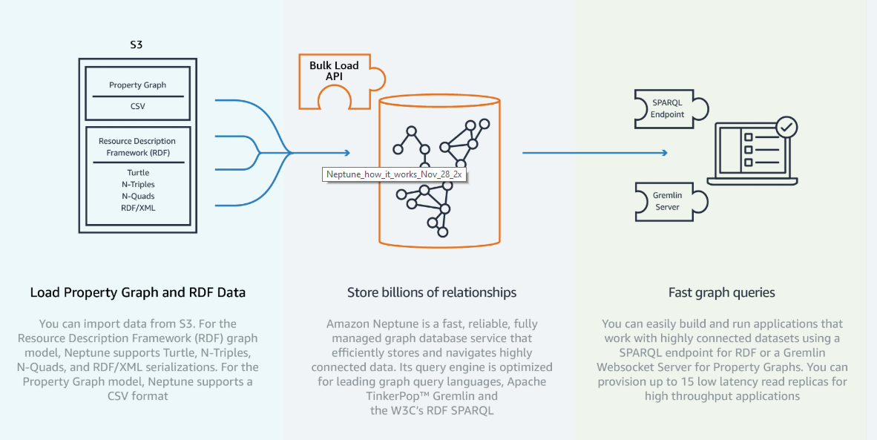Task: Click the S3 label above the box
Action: [137, 45]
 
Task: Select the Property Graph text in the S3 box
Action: [137, 85]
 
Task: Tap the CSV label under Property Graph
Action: [137, 106]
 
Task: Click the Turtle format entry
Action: [137, 173]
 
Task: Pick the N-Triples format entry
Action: [137, 184]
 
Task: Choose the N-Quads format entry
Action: [137, 196]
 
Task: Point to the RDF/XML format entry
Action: [137, 208]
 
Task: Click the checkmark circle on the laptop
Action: [786, 128]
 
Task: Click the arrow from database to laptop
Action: [594, 153]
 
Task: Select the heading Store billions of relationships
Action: [432, 292]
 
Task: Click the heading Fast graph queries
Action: [721, 292]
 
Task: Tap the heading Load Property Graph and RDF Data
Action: [137, 292]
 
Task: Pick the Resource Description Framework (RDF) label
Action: [137, 147]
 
